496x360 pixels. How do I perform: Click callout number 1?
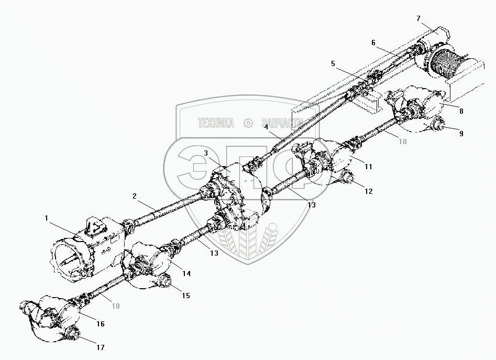(x=47, y=217)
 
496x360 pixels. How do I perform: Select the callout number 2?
(x=135, y=196)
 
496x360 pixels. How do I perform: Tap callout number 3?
(x=206, y=153)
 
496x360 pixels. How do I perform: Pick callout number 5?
(x=333, y=63)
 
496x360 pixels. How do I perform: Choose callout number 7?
(x=418, y=18)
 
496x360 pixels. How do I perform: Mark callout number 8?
(x=460, y=111)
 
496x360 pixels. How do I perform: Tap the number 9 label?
(x=461, y=134)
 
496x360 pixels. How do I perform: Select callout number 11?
(x=369, y=167)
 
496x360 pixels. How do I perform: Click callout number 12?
(x=369, y=191)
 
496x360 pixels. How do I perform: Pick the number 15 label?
(x=185, y=296)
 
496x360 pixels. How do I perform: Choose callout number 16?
(x=100, y=325)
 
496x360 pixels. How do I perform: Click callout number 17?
(x=100, y=347)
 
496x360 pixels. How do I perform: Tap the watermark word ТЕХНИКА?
(x=215, y=123)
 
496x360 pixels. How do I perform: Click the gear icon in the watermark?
(x=248, y=123)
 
